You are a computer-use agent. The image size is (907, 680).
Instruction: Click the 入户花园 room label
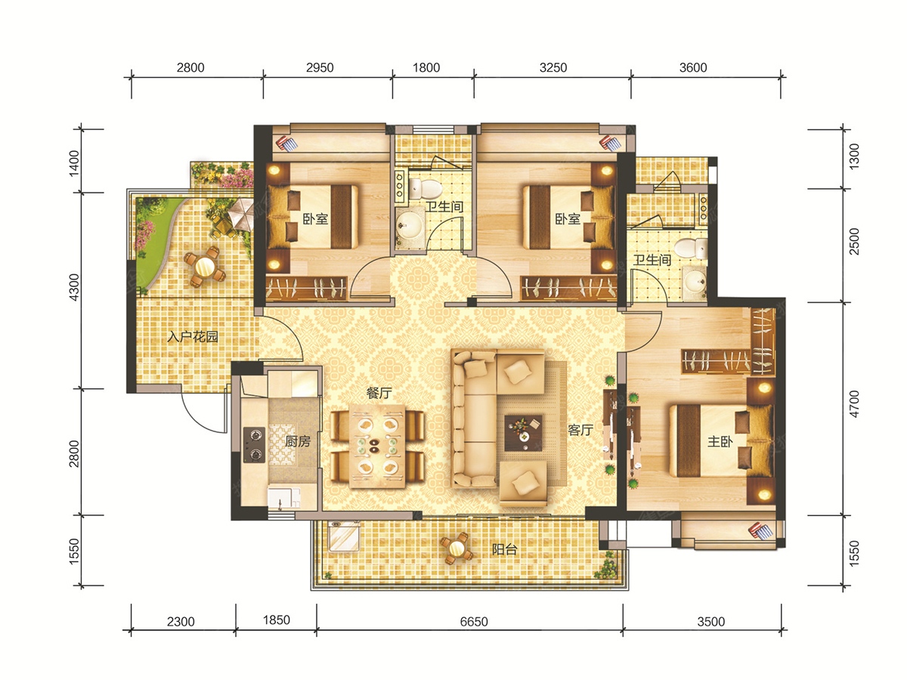click(x=193, y=337)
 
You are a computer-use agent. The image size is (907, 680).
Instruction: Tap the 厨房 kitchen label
click(x=298, y=441)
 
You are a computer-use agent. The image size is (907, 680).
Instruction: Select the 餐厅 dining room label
click(x=379, y=393)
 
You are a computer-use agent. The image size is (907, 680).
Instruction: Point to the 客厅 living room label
click(x=580, y=430)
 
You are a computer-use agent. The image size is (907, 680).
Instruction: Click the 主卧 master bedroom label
click(x=720, y=442)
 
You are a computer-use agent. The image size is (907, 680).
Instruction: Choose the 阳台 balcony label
click(x=505, y=549)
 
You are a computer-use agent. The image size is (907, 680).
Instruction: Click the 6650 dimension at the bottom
click(x=474, y=621)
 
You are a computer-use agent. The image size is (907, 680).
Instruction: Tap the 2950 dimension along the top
click(x=320, y=67)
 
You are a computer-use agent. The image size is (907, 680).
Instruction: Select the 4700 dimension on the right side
click(x=854, y=403)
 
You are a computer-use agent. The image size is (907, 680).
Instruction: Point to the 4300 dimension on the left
click(x=73, y=287)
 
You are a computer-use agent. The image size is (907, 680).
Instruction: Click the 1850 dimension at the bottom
click(x=277, y=620)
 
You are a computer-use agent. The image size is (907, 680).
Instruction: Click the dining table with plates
click(x=377, y=446)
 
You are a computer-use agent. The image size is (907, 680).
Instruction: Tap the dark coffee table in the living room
click(x=523, y=433)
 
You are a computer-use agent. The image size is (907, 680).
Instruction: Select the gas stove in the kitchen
click(x=254, y=445)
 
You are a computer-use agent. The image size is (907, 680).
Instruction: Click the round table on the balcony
click(x=457, y=549)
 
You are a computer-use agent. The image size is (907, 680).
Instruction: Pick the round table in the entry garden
click(x=205, y=267)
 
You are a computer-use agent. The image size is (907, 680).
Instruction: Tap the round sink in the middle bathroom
click(x=409, y=226)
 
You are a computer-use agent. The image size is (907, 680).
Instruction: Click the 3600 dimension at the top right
click(x=693, y=67)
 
